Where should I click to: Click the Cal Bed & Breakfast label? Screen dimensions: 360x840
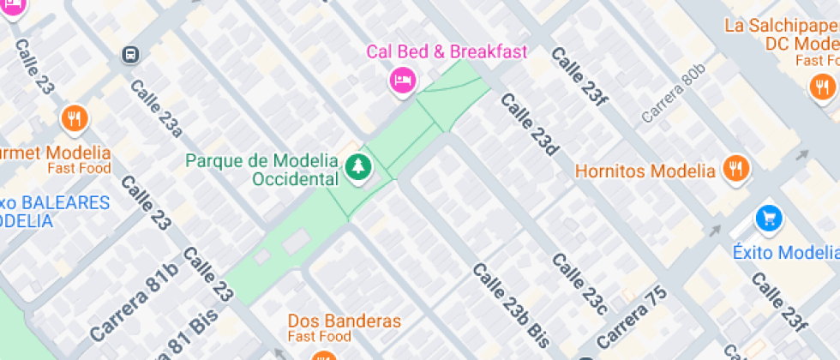coord(447,51)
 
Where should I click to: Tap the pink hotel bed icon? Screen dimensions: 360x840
coord(402,81)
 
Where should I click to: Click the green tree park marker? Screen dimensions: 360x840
coord(357,167)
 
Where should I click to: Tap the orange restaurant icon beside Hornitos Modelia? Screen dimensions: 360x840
coord(735,169)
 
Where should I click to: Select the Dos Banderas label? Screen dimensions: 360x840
coord(344,321)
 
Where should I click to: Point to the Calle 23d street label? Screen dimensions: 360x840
coord(530,124)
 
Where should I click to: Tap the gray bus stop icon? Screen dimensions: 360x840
coord(129,55)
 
